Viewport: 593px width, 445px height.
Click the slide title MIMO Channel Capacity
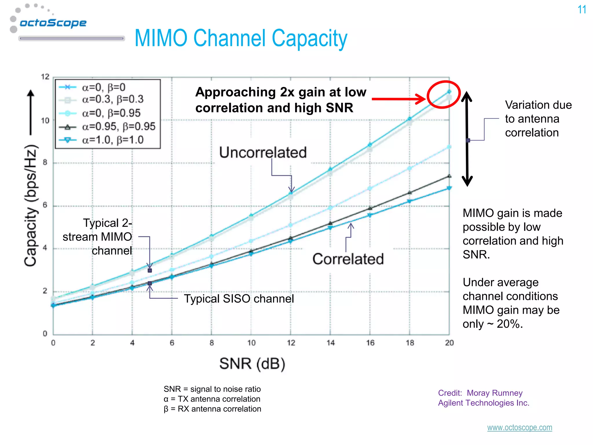coord(241,39)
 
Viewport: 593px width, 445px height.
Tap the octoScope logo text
coord(53,23)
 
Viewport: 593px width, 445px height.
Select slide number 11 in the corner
coord(582,10)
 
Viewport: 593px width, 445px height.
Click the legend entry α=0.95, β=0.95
coord(118,127)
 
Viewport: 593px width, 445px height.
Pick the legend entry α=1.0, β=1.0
coord(113,140)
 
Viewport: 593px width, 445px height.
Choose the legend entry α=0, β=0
coord(103,87)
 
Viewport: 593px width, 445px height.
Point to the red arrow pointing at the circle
coord(398,99)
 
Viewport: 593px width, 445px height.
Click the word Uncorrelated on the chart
coord(263,152)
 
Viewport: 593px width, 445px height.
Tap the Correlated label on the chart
coord(348,259)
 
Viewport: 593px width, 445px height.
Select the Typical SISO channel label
coord(239,299)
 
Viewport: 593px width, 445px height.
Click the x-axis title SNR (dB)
coord(252,364)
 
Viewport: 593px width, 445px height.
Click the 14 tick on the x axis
coord(330,343)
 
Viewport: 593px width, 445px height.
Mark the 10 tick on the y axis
coord(45,121)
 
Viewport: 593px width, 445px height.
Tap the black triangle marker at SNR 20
coord(449,176)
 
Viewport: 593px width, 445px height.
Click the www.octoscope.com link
coord(519,428)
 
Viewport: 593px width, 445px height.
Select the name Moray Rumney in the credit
coord(495,393)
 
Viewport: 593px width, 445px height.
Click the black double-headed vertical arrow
coord(467,139)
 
